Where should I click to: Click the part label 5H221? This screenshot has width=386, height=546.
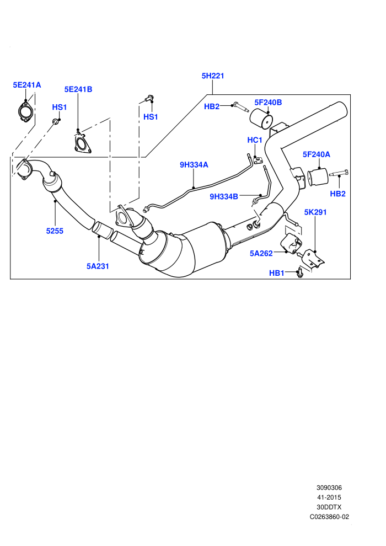(x=213, y=76)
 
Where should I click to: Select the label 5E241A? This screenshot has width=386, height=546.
(x=27, y=85)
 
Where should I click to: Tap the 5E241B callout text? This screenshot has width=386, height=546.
(x=78, y=89)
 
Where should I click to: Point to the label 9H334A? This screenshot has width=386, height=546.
(x=194, y=165)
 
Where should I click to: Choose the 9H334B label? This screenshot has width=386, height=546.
(x=224, y=197)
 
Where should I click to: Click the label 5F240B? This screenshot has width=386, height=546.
(x=268, y=103)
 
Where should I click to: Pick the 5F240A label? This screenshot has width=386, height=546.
(x=317, y=154)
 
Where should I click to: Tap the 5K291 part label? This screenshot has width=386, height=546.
(x=315, y=212)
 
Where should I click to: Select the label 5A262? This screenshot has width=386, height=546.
(x=261, y=254)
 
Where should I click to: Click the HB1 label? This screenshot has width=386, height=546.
(x=277, y=273)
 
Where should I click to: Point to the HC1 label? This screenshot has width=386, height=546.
(x=254, y=140)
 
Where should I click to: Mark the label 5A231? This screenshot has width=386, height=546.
(x=98, y=266)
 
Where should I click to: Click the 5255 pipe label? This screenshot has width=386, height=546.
(x=55, y=231)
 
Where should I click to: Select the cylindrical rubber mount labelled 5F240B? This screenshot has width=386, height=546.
(x=261, y=119)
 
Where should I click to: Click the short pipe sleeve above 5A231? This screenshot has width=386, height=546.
(x=101, y=230)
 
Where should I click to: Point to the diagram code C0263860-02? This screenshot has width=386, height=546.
(x=329, y=517)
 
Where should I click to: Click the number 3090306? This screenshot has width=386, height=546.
(x=329, y=488)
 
